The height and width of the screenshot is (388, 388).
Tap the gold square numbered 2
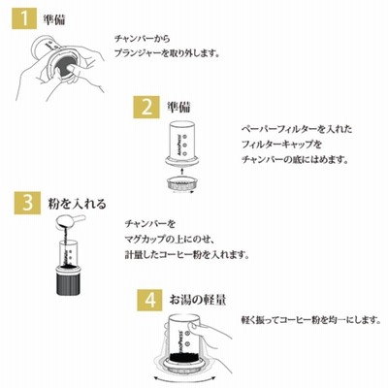tap(146, 107)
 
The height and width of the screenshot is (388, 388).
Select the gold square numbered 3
tap(27, 203)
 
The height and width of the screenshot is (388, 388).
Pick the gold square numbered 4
tap(149, 300)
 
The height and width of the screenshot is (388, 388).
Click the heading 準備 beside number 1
tap(54, 19)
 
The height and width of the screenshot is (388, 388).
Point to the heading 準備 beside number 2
tap(178, 107)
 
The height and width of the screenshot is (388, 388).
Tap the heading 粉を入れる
tap(77, 204)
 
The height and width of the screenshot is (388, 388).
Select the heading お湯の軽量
tap(198, 300)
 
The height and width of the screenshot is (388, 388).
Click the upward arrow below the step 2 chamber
tap(182, 172)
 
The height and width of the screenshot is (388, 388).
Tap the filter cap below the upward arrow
tap(182, 184)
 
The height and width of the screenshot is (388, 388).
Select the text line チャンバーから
tap(143, 39)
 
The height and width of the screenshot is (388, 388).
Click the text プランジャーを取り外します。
tap(167, 53)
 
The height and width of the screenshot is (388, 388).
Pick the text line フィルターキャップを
tap(281, 145)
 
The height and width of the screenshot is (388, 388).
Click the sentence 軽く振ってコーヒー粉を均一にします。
tap(311, 320)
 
